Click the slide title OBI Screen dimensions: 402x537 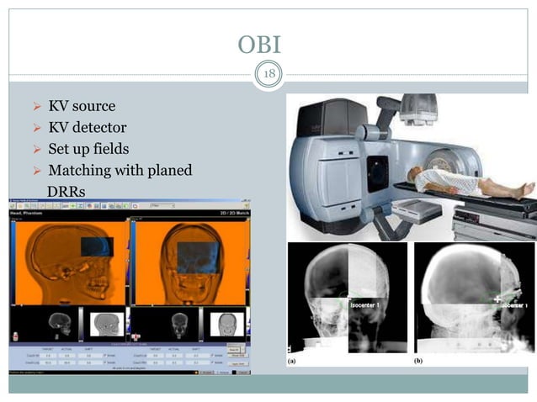tap(268, 45)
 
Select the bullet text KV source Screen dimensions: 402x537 tap(82, 107)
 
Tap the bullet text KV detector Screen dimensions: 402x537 tap(88, 128)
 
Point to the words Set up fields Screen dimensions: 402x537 tap(88, 149)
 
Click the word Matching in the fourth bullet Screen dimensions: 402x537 tap(78, 171)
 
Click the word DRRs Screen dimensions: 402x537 tap(66, 192)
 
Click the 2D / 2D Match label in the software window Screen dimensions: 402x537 tap(228, 215)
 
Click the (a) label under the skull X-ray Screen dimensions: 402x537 tap(292, 359)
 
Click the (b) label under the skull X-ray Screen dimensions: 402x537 tap(418, 359)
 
